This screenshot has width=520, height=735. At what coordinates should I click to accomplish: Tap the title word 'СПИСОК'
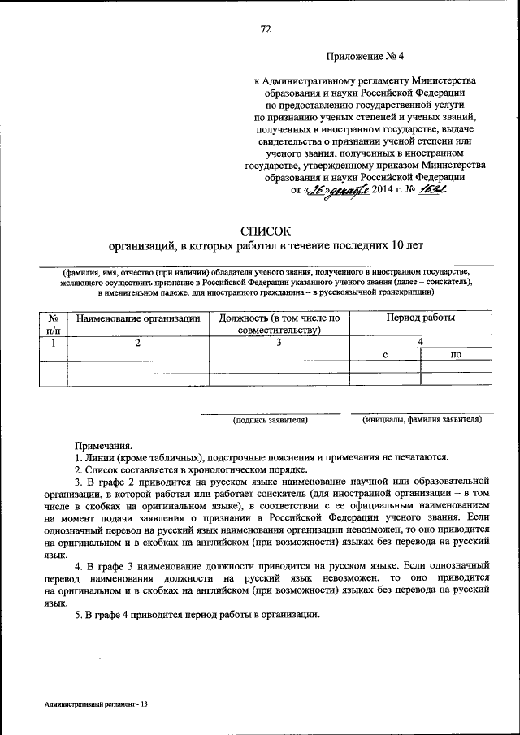pos(265,229)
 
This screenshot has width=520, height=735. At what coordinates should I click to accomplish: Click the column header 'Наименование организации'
pos(138,318)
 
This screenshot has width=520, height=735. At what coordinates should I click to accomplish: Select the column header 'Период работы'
pos(420,318)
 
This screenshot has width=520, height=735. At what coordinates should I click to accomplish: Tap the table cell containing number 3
pos(279,343)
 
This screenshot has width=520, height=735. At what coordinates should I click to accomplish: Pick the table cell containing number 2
pos(138,343)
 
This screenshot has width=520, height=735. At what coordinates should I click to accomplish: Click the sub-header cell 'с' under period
pos(384,355)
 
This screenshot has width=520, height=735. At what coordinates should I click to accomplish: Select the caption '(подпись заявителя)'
pos(270,421)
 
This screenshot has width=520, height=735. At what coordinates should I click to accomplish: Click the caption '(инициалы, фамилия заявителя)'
pos(422,421)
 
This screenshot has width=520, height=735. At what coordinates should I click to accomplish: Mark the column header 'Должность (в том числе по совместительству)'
pos(279,323)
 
